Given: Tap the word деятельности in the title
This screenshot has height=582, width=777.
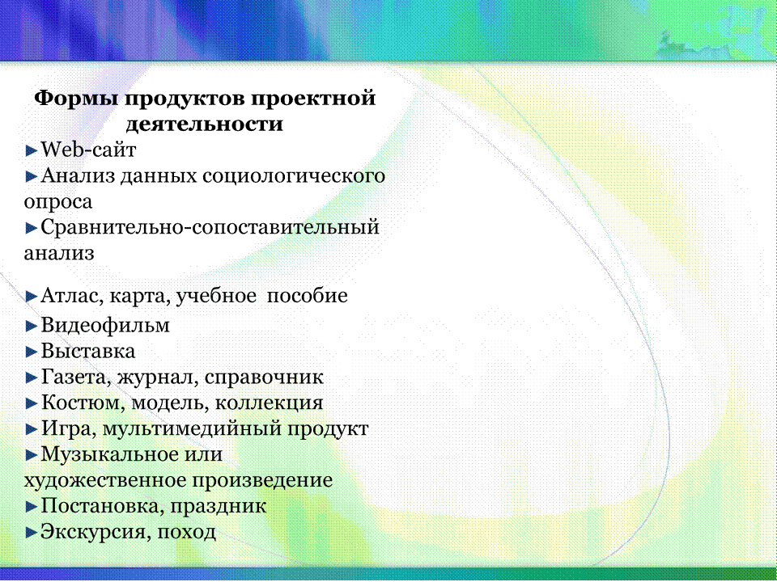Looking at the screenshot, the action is tap(204, 124).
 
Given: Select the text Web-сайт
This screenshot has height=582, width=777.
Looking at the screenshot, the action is tap(88, 150).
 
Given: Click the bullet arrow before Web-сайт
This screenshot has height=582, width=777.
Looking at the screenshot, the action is tap(32, 150).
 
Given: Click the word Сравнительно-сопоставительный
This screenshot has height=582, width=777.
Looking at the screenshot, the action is tap(210, 228).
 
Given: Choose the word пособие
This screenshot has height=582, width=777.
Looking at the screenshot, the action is tap(308, 296).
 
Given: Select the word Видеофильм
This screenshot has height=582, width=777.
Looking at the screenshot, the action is tap(105, 326).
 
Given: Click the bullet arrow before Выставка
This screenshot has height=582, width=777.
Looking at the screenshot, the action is tap(32, 352).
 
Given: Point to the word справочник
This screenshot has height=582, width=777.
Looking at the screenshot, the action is tap(264, 378).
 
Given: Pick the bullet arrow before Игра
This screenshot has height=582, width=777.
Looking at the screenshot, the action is tap(32, 429).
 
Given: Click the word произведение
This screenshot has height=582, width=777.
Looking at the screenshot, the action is tap(262, 481).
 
